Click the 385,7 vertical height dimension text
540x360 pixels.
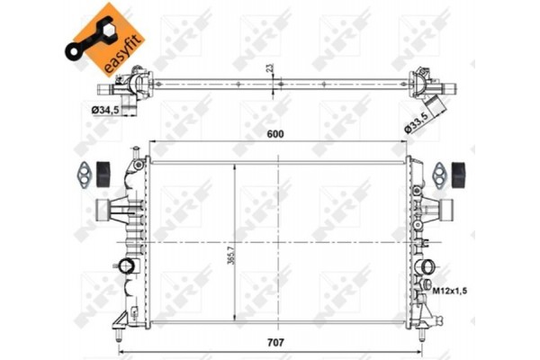[237, 265]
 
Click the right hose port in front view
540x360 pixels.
[440, 211]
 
